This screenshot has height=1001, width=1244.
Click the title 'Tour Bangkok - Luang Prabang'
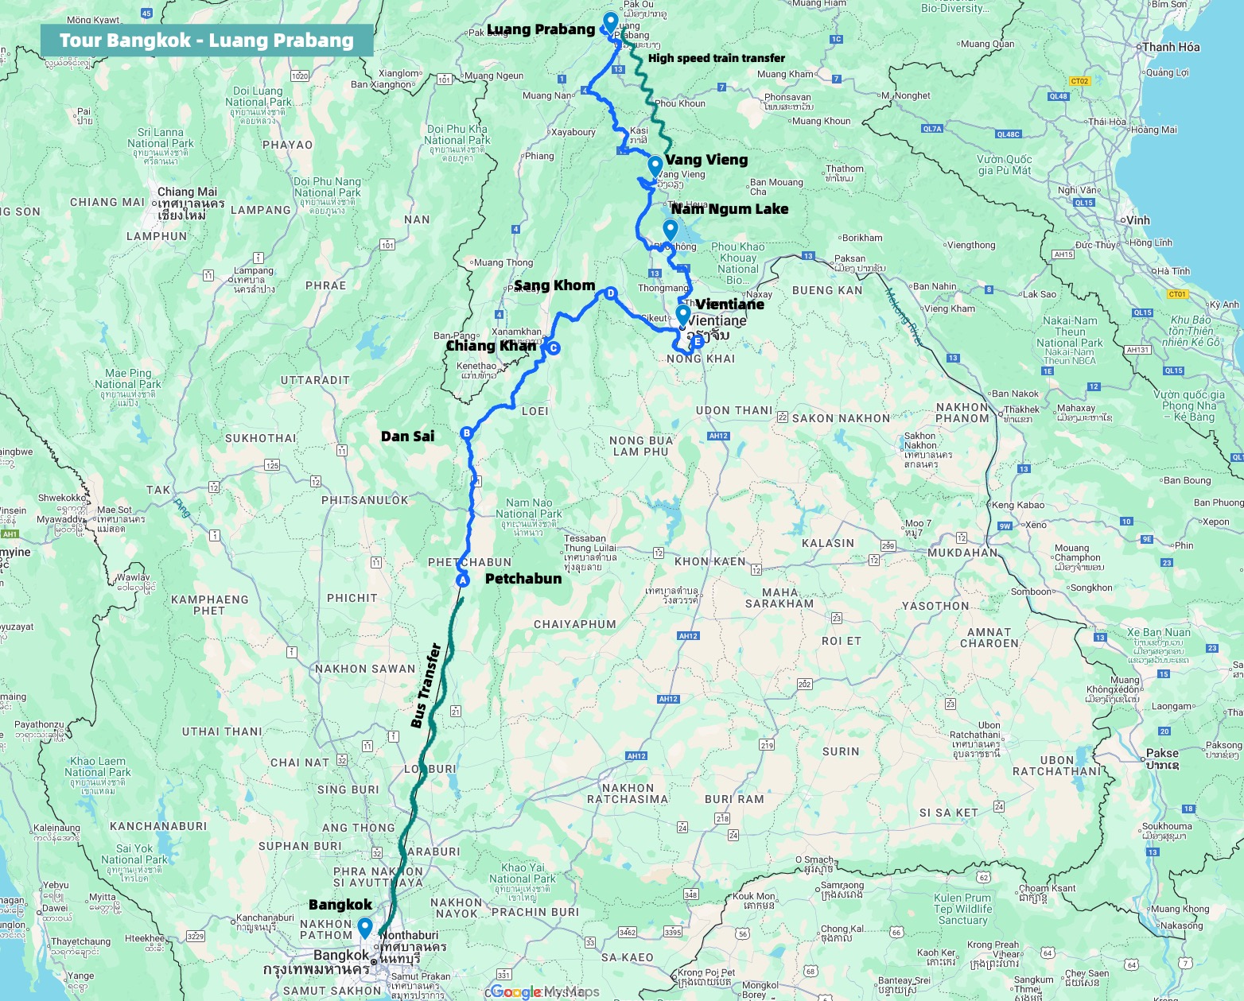pos(206,41)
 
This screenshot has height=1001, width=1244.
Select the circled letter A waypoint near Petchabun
pos(462,580)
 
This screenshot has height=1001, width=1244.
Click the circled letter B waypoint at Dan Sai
pos(467,433)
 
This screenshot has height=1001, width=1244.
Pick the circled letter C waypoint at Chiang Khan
pos(554,347)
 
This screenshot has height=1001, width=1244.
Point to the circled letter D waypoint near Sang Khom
pos(611,293)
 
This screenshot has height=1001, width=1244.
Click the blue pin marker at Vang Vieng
pos(655,166)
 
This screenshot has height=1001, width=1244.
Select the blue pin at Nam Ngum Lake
pos(670,230)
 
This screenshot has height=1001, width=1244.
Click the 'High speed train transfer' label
pos(716,58)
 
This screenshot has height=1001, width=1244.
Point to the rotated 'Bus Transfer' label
pos(426,685)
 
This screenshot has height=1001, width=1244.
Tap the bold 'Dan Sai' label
pos(407,436)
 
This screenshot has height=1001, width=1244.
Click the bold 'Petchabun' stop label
pos(523,579)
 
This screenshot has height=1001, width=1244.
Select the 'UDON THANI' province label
pos(734,411)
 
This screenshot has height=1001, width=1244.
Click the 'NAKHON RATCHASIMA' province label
pos(628,793)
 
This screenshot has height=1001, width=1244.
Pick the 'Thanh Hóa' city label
pos(1171,47)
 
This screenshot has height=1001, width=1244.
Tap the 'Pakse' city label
pos(1162,753)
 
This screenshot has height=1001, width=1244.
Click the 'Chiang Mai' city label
pos(187,192)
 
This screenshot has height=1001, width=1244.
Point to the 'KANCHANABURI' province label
pos(158,826)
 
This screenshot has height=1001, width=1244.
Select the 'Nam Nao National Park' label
pos(529,508)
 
